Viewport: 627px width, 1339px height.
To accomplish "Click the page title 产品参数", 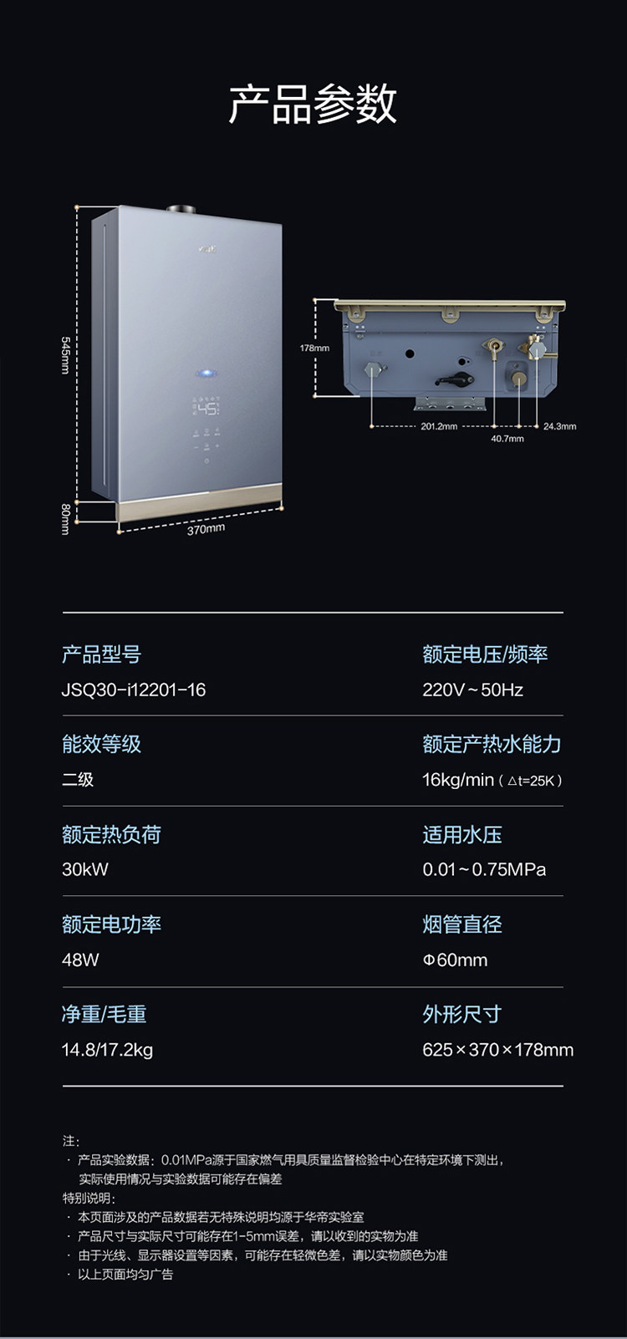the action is click(313, 104).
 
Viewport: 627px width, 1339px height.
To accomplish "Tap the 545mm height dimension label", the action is click(66, 355).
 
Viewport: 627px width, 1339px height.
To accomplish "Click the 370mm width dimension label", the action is click(206, 529).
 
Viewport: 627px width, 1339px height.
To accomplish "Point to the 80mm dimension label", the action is click(66, 518).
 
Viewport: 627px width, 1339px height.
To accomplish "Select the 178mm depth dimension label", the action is click(314, 348).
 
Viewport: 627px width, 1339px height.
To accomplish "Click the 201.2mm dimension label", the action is click(439, 426).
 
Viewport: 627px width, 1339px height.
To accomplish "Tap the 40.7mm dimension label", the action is click(507, 438).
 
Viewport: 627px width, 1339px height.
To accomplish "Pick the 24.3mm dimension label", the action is click(559, 426).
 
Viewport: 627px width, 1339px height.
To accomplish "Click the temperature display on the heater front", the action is click(206, 409).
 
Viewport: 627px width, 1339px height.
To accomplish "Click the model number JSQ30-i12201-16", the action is click(134, 690).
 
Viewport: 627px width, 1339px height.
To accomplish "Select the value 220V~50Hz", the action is click(472, 690).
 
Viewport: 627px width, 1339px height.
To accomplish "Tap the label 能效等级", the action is click(101, 744).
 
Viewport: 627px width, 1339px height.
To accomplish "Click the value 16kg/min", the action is click(458, 780).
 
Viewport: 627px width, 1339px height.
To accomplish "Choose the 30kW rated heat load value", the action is click(85, 869).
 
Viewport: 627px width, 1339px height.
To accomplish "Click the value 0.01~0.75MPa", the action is click(484, 869).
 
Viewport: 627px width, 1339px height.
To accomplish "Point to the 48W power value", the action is click(80, 960).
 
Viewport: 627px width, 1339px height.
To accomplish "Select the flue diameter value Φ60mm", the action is click(455, 960).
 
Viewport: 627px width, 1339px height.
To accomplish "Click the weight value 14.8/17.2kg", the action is click(107, 1050).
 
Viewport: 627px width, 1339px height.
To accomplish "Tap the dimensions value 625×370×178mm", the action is click(497, 1050).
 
